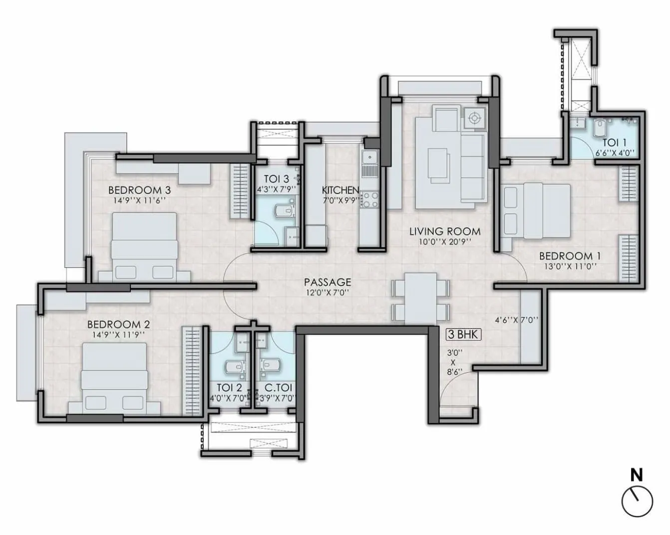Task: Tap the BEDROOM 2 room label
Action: [118, 324]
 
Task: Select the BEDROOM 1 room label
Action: [570, 256]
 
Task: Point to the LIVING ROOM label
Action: [445, 231]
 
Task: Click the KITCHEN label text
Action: [340, 190]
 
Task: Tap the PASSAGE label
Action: [328, 282]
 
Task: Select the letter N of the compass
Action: [637, 475]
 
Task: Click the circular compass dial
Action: [638, 502]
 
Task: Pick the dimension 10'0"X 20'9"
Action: [445, 242]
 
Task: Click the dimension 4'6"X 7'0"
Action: [516, 320]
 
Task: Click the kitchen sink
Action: [370, 159]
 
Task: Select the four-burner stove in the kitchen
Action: [370, 200]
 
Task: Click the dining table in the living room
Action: [420, 299]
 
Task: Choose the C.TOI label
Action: [278, 388]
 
